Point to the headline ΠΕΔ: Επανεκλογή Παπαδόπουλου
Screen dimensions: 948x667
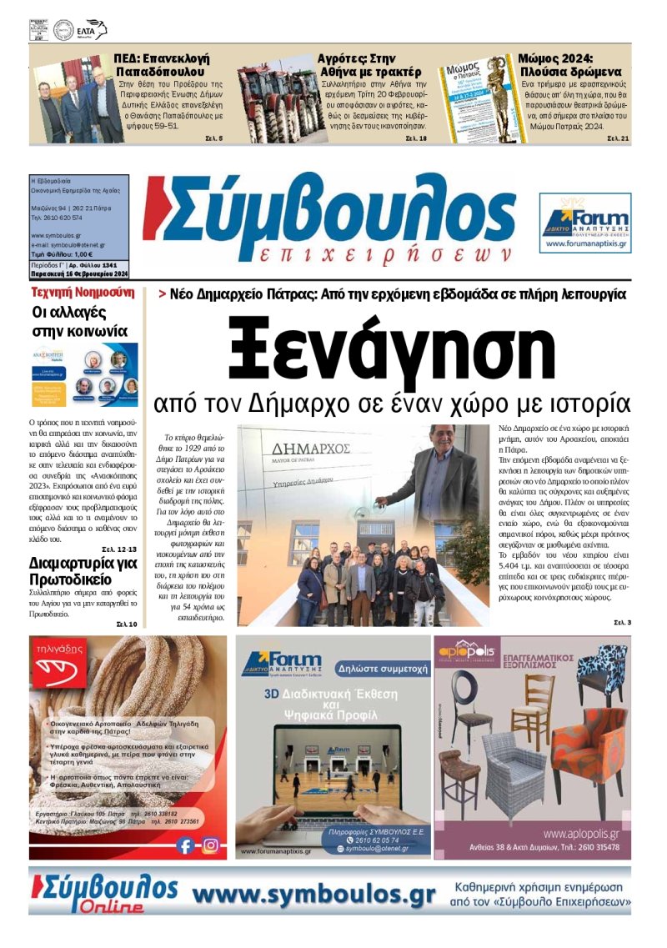click(163, 65)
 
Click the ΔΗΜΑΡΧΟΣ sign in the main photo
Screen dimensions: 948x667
click(303, 455)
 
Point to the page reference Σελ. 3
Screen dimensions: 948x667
click(623, 622)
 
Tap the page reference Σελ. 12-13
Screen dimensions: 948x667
click(119, 549)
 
